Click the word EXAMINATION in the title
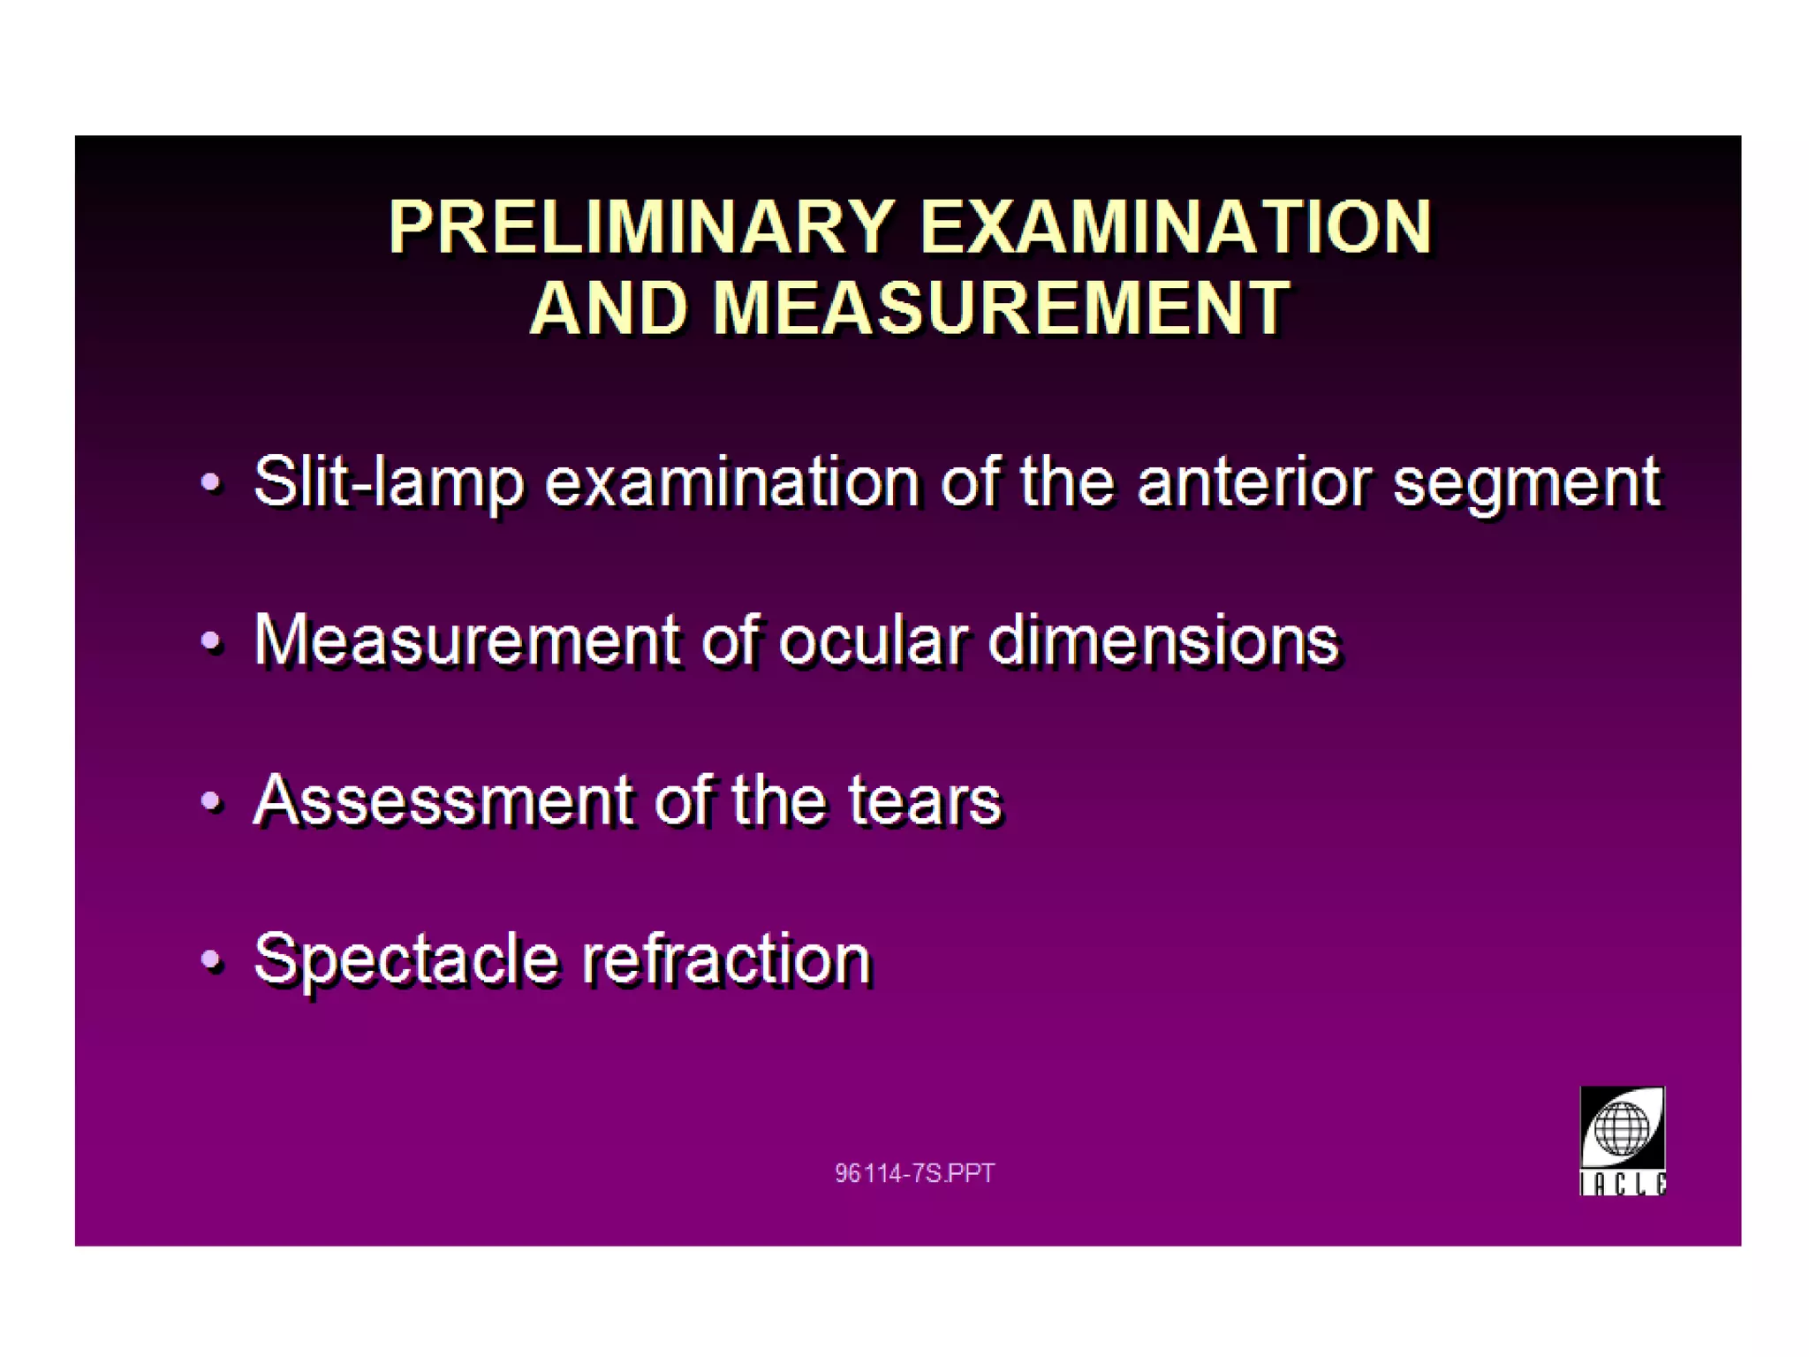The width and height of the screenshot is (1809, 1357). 1175,227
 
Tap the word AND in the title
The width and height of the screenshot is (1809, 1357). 609,308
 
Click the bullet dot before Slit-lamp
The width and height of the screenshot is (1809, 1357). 210,482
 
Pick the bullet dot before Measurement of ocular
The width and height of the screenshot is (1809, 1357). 210,640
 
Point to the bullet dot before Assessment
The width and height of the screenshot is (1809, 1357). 210,800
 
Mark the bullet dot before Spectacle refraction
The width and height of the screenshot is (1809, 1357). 210,959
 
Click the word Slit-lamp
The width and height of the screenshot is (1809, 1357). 388,482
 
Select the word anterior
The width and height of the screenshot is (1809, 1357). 1254,482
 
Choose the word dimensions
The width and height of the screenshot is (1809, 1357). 1162,640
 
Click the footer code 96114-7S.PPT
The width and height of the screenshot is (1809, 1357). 914,1173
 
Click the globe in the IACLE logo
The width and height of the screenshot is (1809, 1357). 1622,1129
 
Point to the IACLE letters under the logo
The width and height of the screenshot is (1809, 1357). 1622,1184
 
